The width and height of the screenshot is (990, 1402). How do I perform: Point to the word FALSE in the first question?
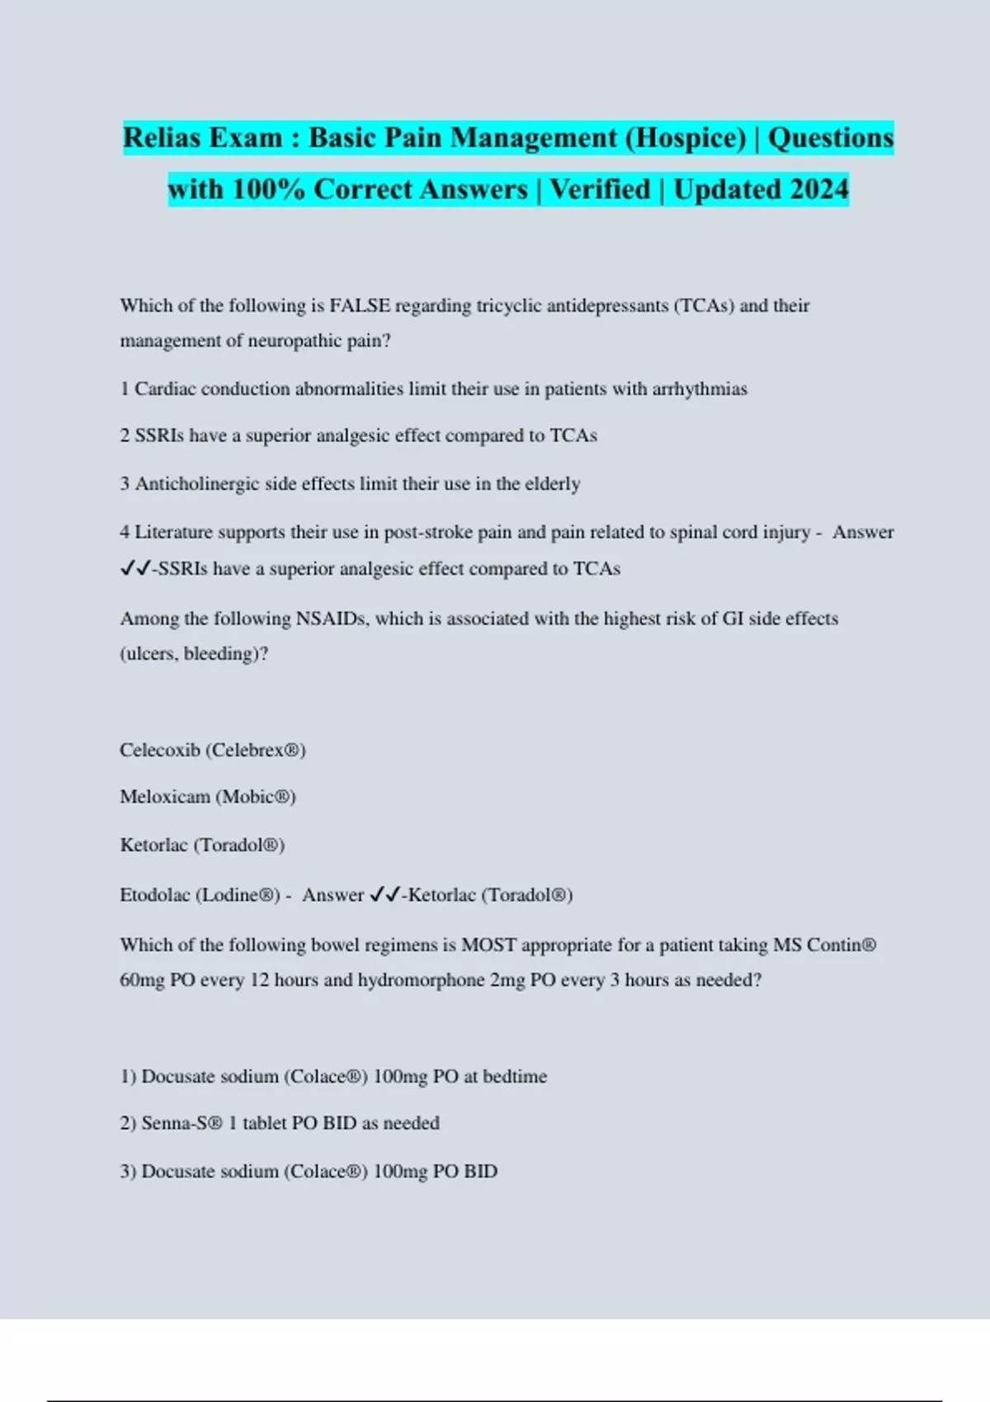360,306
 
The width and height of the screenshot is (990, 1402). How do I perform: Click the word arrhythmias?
700,389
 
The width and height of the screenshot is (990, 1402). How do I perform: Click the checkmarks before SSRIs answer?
134,569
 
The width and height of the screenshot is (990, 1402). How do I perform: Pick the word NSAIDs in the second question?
332,619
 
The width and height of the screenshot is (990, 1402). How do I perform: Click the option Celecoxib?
160,750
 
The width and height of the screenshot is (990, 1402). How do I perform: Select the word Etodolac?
155,896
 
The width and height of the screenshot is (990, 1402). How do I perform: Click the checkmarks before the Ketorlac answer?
385,896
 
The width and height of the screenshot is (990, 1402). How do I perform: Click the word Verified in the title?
600,190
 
